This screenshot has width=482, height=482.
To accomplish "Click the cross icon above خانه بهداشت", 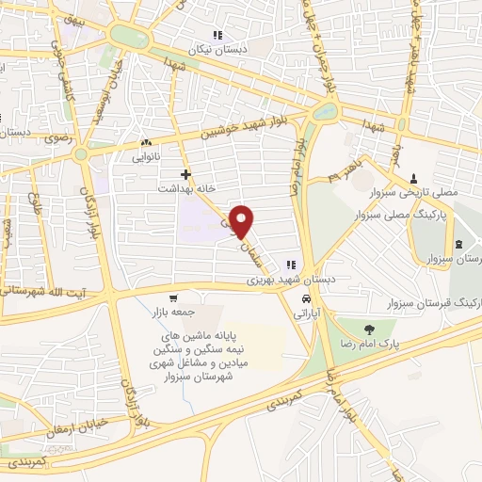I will (186, 174).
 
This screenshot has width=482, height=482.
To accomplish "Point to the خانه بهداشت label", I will (187, 188).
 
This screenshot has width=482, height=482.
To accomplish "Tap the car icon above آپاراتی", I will (307, 299).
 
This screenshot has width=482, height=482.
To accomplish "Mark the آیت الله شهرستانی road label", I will (38, 295).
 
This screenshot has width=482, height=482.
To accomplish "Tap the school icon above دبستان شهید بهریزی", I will (292, 265).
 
